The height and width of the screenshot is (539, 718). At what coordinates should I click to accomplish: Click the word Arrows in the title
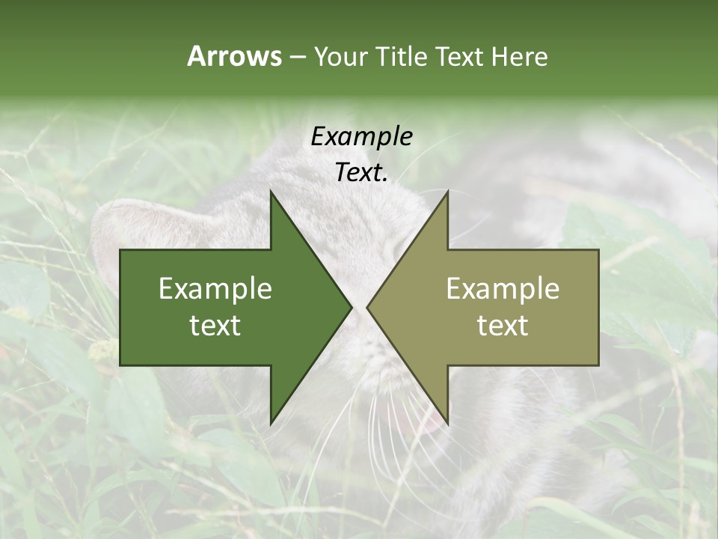click(234, 56)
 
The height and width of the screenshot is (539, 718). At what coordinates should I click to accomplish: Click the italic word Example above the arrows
click(361, 136)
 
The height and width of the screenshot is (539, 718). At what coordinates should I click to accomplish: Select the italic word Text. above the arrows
click(361, 172)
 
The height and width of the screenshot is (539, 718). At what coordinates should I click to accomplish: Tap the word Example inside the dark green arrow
click(215, 288)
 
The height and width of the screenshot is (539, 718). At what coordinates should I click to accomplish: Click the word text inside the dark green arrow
click(215, 325)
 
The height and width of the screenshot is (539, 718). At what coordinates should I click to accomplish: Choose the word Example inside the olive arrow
click(503, 288)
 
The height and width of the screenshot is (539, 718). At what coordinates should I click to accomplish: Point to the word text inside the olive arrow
click(503, 325)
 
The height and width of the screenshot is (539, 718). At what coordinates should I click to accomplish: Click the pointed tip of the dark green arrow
click(351, 307)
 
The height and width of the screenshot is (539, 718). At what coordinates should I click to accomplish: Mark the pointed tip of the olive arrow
click(367, 307)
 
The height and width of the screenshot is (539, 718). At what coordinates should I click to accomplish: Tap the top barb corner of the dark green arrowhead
click(271, 192)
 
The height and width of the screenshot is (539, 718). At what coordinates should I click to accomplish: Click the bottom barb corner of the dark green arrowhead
click(271, 423)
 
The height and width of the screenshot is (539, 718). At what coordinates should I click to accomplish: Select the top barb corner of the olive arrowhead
click(447, 192)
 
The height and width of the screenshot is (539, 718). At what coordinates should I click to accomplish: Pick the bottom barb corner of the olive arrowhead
click(447, 423)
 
